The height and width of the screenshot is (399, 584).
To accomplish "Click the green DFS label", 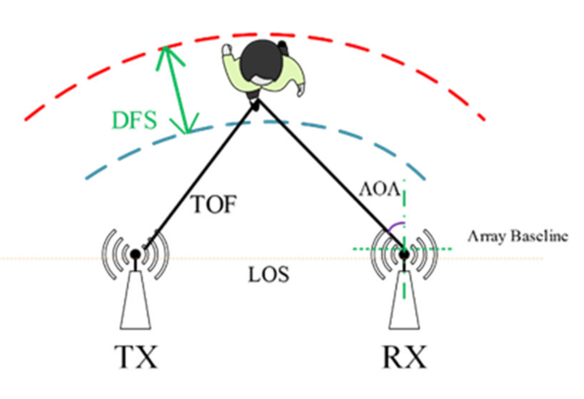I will [134, 120].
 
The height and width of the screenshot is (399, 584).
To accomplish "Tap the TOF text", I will [214, 204].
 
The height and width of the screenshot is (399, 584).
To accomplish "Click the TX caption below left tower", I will [136, 357].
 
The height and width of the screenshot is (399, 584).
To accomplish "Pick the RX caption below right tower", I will [405, 357].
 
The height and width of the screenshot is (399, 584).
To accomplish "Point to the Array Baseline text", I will [518, 236].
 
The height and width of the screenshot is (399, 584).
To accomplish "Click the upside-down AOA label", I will [379, 190].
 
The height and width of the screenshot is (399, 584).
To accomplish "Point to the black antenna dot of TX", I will [135, 254].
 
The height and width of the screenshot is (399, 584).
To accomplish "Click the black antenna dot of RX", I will [404, 255].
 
